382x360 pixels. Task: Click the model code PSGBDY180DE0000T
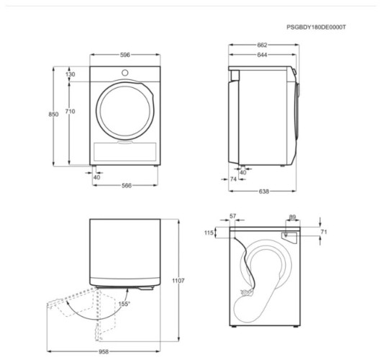tap(316, 27)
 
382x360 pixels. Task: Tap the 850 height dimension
tap(53, 114)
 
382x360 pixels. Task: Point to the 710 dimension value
tap(71, 112)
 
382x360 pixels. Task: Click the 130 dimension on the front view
tap(71, 74)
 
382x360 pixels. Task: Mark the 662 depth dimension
tap(262, 45)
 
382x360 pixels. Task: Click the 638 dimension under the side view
tap(263, 192)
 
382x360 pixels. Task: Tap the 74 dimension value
tap(233, 179)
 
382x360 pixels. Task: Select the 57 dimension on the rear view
tap(232, 216)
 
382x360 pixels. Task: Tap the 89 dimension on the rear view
tap(291, 216)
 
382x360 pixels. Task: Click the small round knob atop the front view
tap(125, 73)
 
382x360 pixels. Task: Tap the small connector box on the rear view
tap(286, 235)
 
